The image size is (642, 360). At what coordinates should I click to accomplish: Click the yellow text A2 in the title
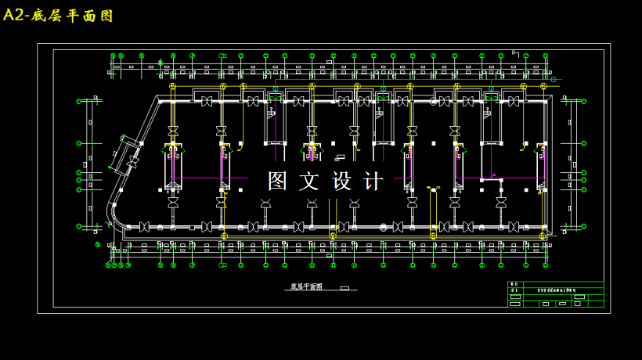tap(15, 15)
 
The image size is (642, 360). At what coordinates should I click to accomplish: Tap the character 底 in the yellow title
tap(39, 16)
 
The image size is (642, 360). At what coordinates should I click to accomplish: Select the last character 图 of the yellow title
tap(106, 16)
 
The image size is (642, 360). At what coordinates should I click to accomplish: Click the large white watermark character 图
tap(279, 181)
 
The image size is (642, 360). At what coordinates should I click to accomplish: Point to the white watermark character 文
tap(309, 181)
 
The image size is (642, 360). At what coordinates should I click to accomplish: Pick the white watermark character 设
tap(342, 181)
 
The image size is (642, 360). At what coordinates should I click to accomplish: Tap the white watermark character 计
tap(373, 181)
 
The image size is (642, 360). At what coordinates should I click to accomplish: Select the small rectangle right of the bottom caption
tap(344, 288)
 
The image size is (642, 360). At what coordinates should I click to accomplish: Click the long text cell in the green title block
tap(556, 290)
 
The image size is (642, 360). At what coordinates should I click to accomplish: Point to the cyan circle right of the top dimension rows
tap(553, 79)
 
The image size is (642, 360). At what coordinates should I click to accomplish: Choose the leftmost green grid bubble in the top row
tap(113, 56)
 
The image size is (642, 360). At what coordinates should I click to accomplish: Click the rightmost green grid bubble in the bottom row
tap(546, 265)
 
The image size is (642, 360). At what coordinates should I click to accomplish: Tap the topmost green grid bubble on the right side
tap(584, 101)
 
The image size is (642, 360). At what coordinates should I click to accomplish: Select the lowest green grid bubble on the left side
tap(79, 226)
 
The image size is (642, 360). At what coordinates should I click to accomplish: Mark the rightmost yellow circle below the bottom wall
tap(543, 236)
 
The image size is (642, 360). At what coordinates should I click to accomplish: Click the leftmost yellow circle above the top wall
tap(172, 86)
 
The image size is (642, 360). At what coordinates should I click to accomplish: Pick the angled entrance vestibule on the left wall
tap(125, 154)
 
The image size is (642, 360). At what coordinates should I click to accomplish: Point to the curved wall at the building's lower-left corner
tap(111, 215)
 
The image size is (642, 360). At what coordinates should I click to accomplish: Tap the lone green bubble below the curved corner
tap(98, 244)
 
